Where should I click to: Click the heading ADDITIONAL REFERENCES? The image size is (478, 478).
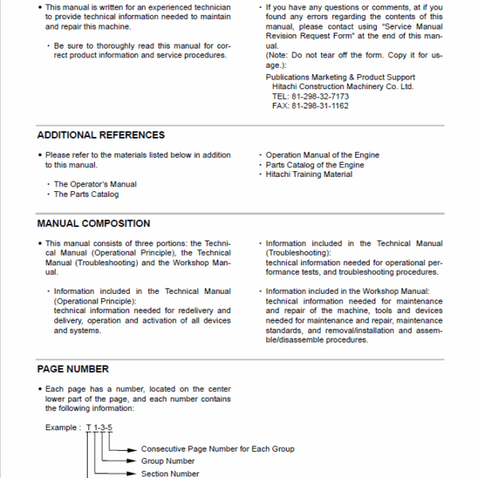click(101, 135)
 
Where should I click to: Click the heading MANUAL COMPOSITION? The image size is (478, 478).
click(93, 224)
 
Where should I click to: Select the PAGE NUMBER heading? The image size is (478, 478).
click(72, 369)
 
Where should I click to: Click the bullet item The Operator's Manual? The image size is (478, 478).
click(95, 184)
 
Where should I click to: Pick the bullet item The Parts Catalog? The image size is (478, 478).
click(86, 194)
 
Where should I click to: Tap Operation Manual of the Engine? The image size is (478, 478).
click(322, 155)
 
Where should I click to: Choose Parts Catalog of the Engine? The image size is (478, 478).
click(315, 165)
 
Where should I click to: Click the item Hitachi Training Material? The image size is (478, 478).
click(308, 174)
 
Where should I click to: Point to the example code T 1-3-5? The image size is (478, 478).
click(100, 428)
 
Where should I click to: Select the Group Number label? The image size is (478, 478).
click(168, 460)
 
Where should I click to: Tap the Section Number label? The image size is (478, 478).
click(170, 473)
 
